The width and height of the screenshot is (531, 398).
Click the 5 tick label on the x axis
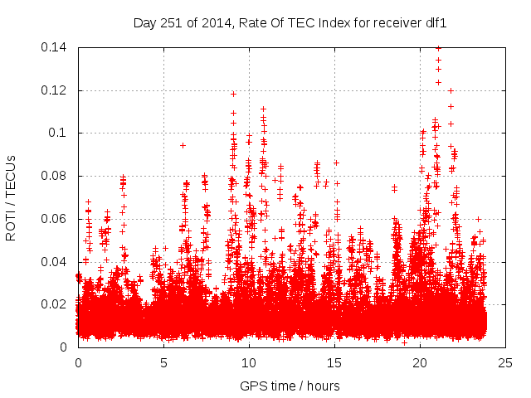point(164,362)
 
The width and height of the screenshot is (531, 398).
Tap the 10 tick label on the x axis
point(249,362)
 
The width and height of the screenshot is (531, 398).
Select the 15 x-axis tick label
point(334,362)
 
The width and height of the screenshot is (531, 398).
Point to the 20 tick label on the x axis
point(420,362)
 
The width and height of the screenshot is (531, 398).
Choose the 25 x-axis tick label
point(505,362)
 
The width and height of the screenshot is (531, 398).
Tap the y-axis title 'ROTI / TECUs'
point(12,197)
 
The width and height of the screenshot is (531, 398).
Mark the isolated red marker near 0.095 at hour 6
point(183,145)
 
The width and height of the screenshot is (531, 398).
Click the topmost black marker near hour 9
point(233,94)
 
